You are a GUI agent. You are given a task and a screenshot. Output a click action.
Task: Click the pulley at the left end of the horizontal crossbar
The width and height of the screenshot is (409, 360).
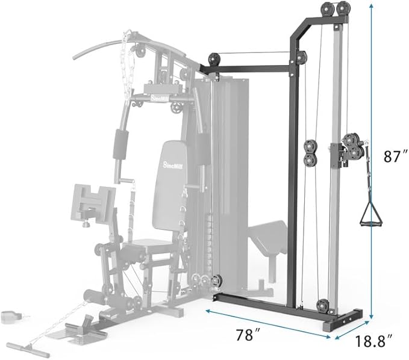[x=213, y=61]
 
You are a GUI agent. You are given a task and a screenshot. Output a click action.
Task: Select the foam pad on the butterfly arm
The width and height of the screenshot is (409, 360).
[x=120, y=146]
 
